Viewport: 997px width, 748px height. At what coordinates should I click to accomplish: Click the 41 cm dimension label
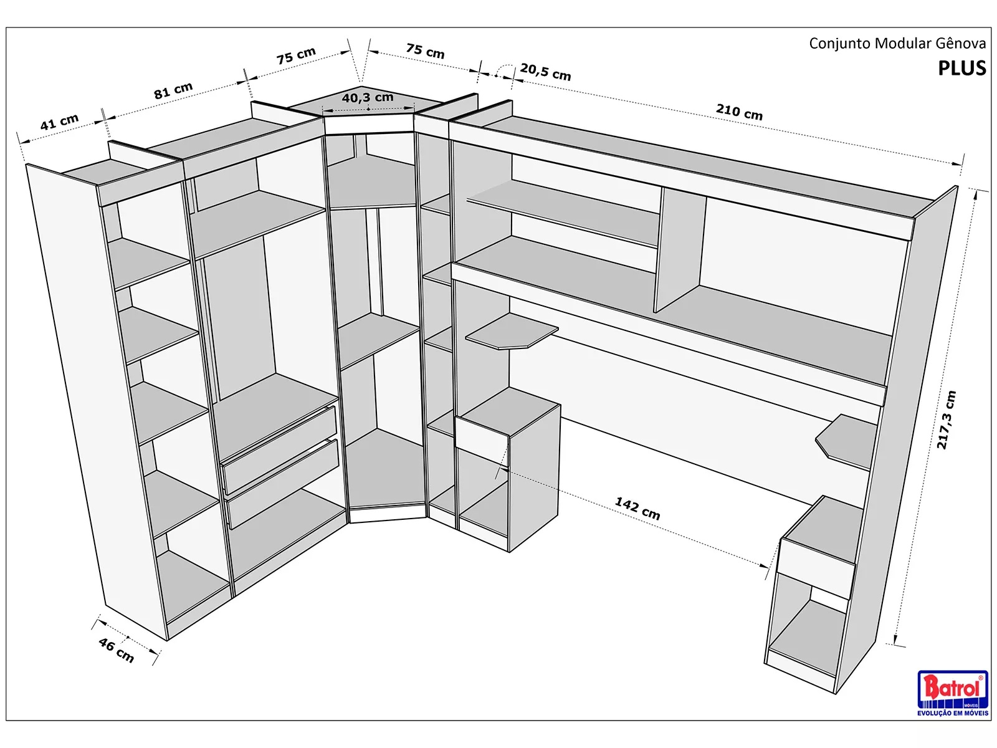pos(60,122)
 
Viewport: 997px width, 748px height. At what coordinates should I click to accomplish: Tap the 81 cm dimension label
pos(173,91)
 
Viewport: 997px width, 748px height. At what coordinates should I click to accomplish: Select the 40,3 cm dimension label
pos(368,98)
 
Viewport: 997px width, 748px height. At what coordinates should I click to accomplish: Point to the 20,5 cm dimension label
pos(545,72)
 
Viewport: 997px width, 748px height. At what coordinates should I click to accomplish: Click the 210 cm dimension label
pos(739,112)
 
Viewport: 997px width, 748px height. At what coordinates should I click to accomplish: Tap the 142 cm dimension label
pos(637,509)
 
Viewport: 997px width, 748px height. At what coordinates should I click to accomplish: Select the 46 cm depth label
pos(116,650)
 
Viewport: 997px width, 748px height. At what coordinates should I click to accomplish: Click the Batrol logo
pos(952,689)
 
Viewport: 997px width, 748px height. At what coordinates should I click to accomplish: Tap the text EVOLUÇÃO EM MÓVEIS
pos(952,713)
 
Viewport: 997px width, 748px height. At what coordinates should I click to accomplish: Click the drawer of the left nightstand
pos(482,441)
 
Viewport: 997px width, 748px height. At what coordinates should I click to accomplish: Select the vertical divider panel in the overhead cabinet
pos(679,249)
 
